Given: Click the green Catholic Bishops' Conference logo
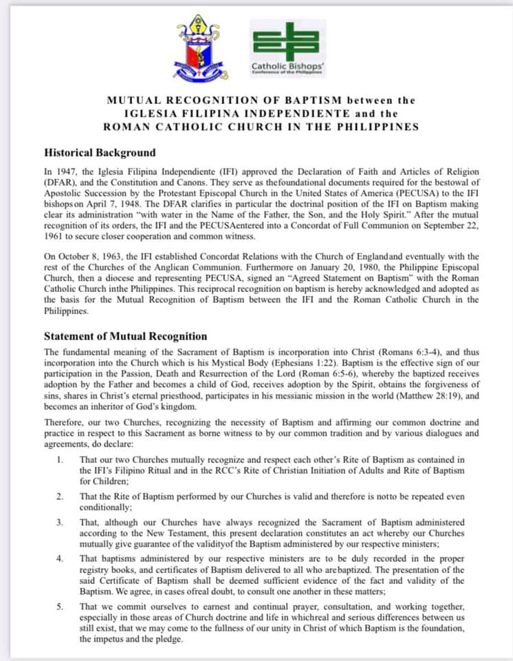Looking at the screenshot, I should pyautogui.click(x=289, y=48).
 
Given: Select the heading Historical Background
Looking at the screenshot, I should pyautogui.click(x=100, y=153).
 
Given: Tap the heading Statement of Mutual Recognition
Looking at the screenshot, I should pyautogui.click(x=125, y=337).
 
